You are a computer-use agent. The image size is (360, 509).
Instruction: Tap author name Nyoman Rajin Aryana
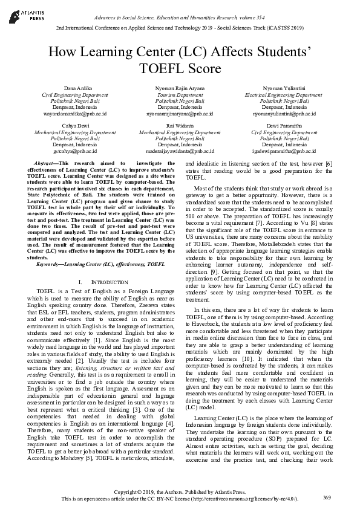coord(180,89)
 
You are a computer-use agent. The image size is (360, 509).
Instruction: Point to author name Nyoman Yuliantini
coord(283,89)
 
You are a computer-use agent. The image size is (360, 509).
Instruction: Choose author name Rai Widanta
coord(180,125)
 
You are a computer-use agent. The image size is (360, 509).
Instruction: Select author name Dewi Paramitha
coord(283,125)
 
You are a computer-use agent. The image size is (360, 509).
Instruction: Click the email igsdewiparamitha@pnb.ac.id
coord(283,151)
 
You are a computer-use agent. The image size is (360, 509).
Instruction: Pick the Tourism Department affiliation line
coord(180,95)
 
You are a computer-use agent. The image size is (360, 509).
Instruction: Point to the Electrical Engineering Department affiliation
coord(283,95)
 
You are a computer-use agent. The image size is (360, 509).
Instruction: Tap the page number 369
coord(327,497)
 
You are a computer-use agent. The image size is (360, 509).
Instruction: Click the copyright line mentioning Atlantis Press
coord(180,493)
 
